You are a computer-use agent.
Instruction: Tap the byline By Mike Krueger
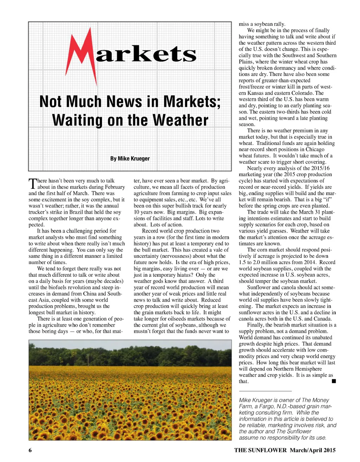[x=130, y=159]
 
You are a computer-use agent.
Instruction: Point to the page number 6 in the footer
[x=30, y=450]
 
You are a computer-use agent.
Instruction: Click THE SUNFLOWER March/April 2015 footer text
[x=285, y=450]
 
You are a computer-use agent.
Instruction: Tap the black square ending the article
[x=334, y=381]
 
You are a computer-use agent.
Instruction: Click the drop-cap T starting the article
[x=32, y=184]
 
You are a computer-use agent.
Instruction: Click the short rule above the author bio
[x=265, y=391]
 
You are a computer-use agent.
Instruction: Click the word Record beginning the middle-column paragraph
[x=150, y=231]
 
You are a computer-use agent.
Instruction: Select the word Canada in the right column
[x=322, y=319]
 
